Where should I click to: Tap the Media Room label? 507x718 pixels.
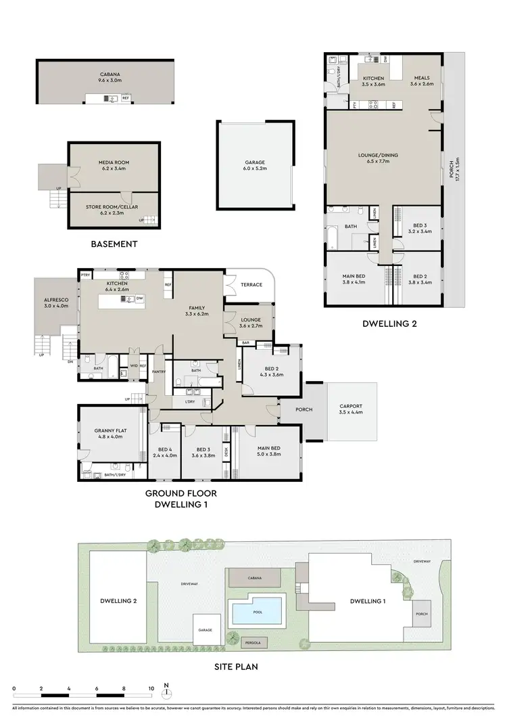114,166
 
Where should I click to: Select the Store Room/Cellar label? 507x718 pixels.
114,209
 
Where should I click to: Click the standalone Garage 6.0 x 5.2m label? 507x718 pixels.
255,166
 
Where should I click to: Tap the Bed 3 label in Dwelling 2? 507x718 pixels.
420,229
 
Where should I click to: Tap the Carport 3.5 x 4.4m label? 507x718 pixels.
350,410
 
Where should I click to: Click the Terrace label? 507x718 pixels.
251,285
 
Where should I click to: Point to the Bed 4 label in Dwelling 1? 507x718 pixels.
166,452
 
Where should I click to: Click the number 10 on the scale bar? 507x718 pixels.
151,688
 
